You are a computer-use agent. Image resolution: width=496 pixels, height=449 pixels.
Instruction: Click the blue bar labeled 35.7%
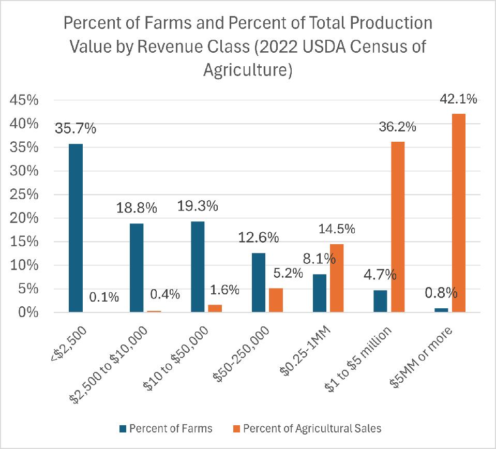pos(76,228)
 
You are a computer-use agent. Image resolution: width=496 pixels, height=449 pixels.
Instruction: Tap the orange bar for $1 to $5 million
pos(398,227)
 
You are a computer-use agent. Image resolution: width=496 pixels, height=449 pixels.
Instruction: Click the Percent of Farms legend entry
pos(165,428)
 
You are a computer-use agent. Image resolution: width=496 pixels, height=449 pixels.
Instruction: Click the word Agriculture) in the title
pos(248,71)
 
